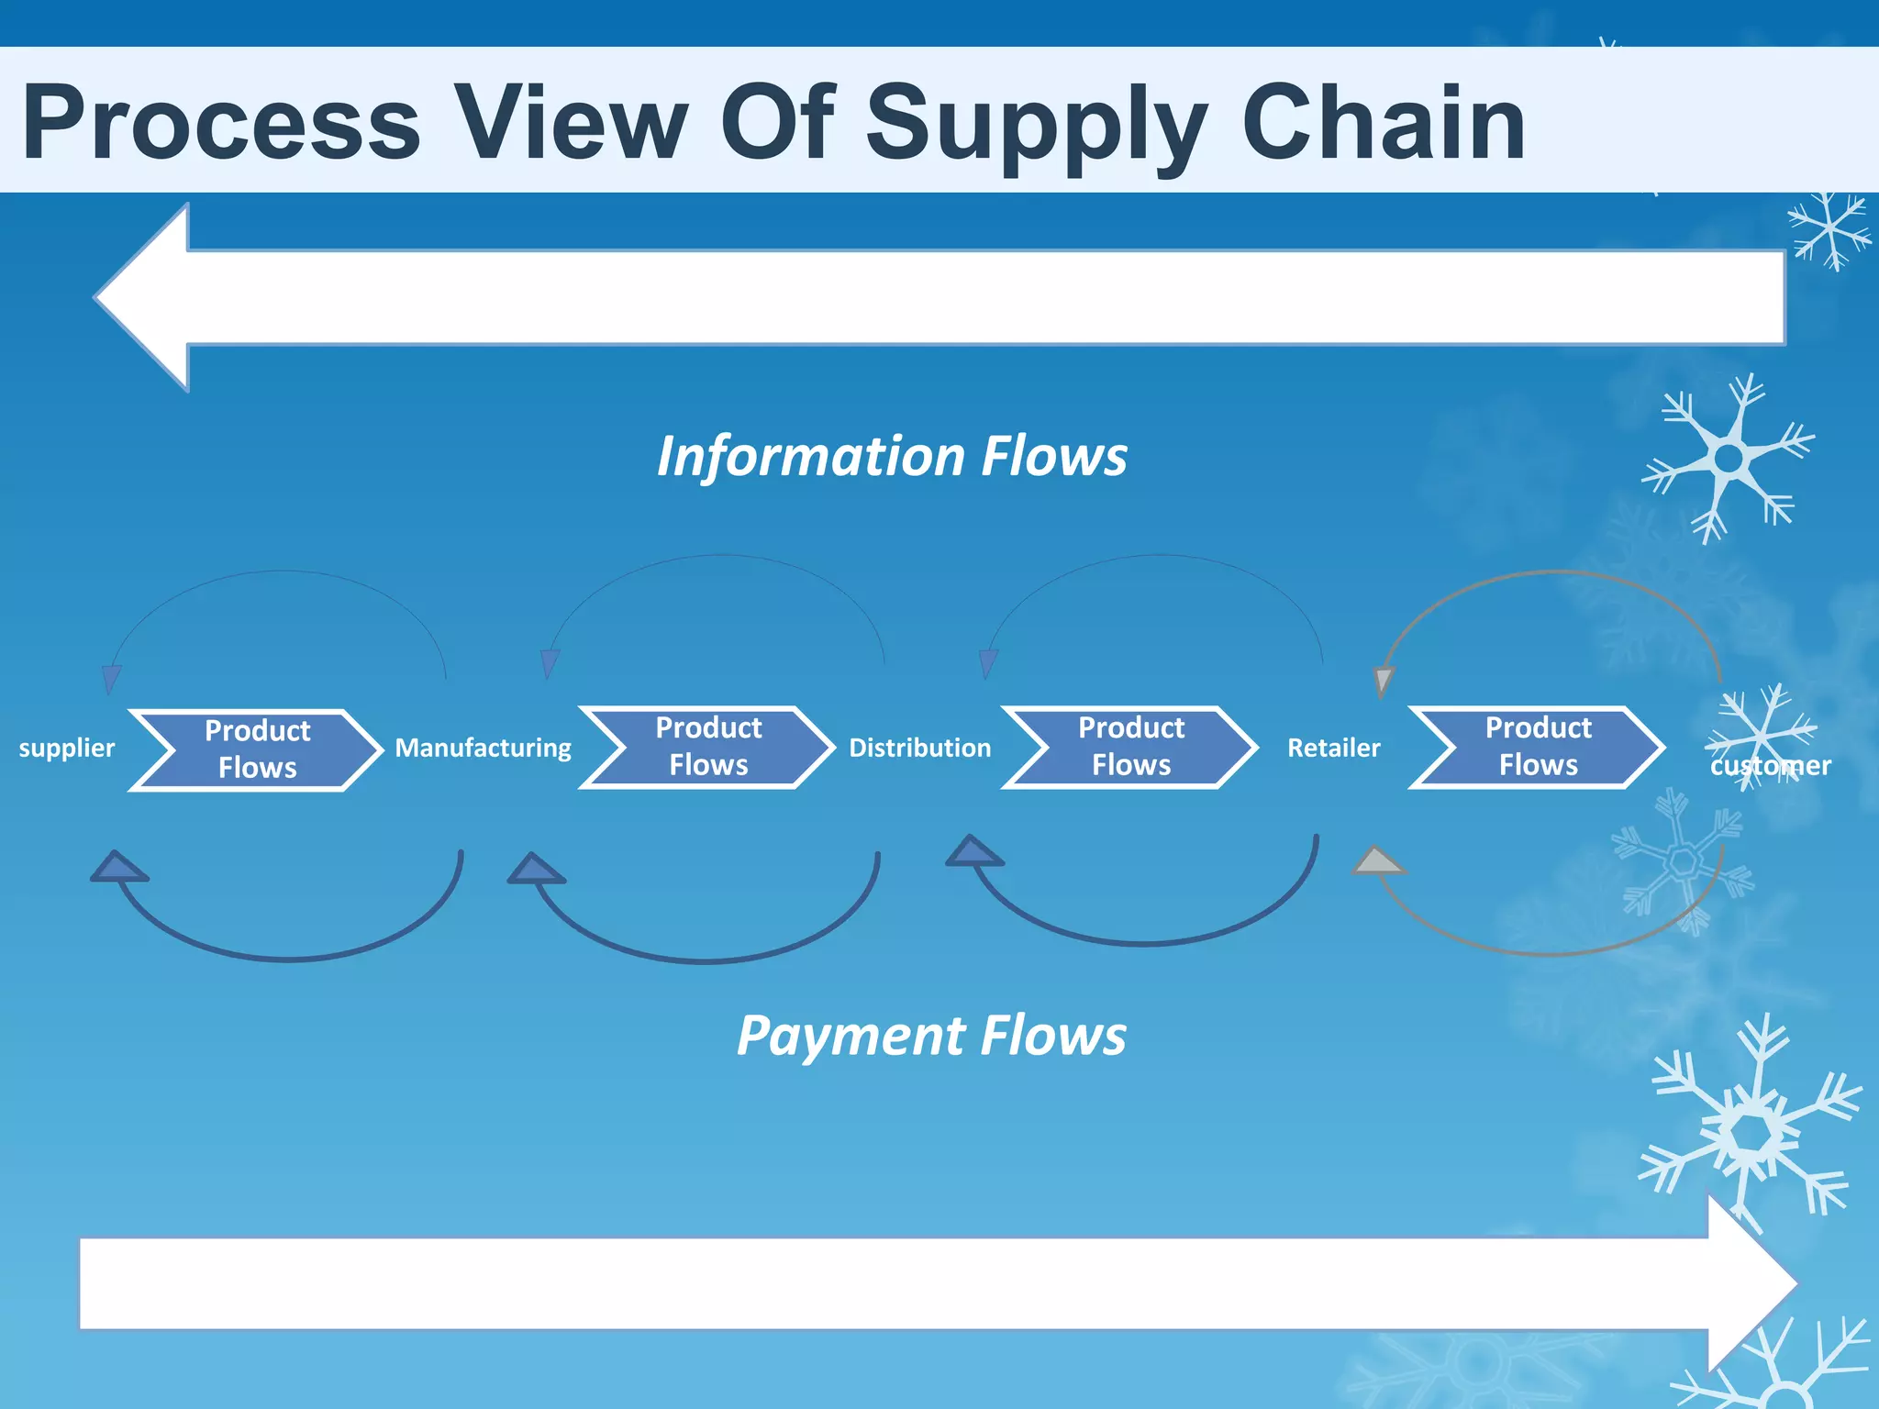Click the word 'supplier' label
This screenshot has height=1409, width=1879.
[67, 749]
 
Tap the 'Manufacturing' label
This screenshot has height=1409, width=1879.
[483, 749]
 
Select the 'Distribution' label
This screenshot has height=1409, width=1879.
[919, 749]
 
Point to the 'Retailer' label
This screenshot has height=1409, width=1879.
[1333, 749]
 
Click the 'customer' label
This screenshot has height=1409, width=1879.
[1770, 766]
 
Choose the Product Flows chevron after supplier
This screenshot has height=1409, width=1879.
[257, 749]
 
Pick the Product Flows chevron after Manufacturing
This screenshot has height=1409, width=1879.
[707, 747]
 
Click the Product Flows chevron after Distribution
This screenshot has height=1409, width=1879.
[1130, 747]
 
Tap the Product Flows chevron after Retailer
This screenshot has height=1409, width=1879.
[1538, 747]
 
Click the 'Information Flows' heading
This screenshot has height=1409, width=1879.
[892, 456]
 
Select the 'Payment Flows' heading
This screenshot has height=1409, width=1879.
[930, 1036]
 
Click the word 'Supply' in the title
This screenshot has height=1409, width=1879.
[1035, 123]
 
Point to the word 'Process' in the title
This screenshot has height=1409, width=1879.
[221, 123]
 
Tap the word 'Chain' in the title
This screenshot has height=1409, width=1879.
[1383, 123]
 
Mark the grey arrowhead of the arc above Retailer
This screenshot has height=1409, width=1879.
[1384, 681]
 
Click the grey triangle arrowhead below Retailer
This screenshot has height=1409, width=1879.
[1377, 861]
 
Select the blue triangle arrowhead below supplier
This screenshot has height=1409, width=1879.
[117, 867]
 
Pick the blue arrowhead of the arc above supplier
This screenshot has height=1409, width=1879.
[111, 679]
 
